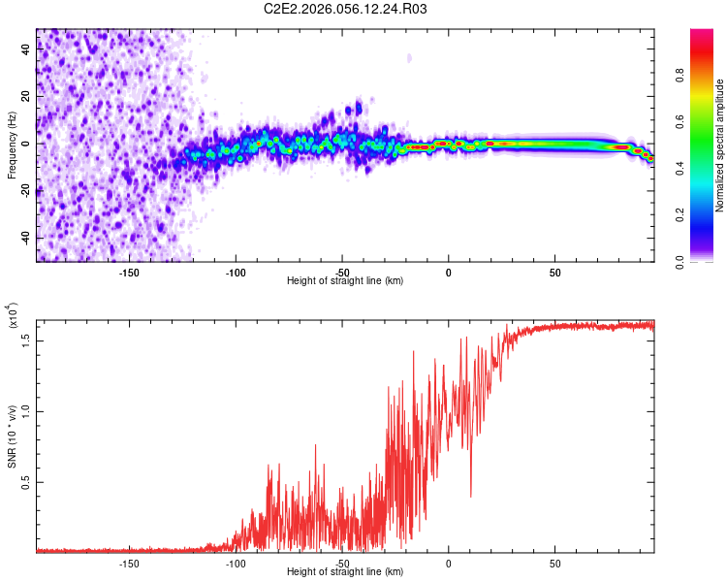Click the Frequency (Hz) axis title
[x=12, y=145]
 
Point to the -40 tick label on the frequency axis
[x=25, y=237]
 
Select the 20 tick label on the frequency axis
[x=25, y=97]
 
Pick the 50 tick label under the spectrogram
[x=554, y=272]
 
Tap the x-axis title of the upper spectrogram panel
[x=345, y=281]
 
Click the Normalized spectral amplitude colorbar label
[x=719, y=145]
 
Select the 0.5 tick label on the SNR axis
[x=25, y=482]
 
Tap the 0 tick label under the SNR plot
[x=449, y=564]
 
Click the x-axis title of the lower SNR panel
[x=345, y=573]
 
